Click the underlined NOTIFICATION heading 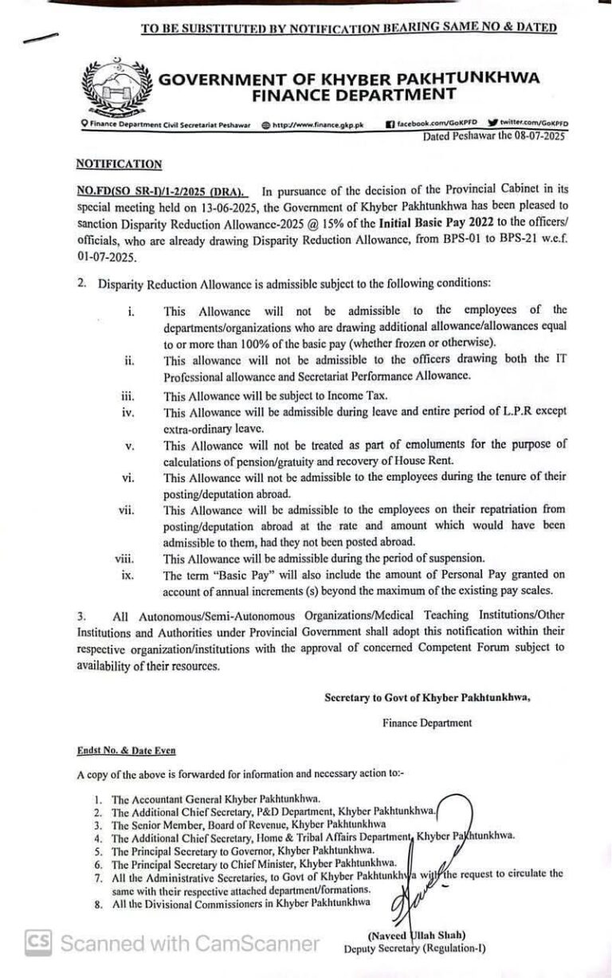[119, 163]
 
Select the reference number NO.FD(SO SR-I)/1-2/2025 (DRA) [162, 192]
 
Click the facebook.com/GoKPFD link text [433, 124]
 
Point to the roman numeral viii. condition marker [124, 559]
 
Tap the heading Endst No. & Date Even [126, 750]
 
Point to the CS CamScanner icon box [39, 943]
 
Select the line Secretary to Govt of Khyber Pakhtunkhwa [427, 697]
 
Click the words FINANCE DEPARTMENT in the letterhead [354, 95]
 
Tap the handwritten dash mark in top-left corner [41, 37]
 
